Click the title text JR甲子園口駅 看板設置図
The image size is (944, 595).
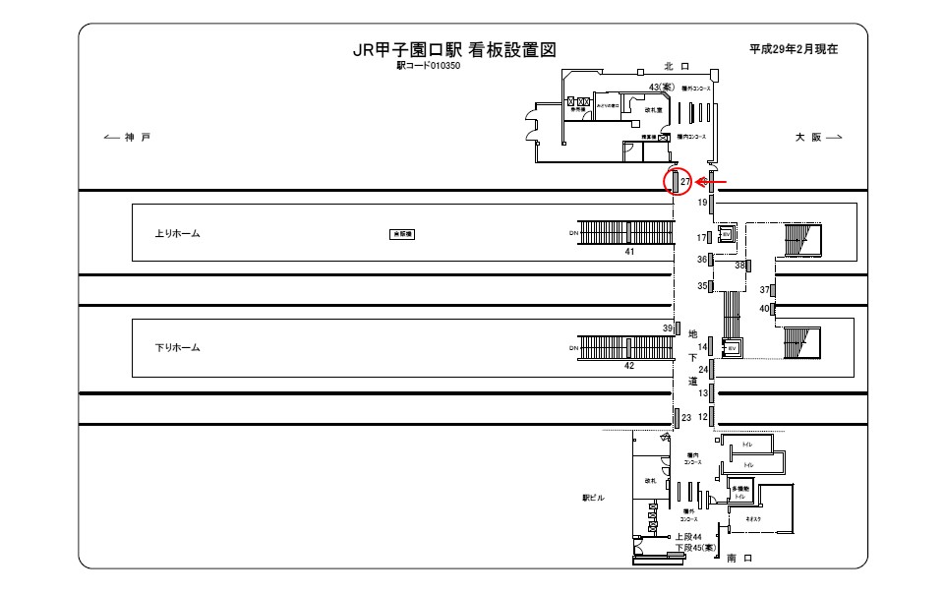tap(455, 51)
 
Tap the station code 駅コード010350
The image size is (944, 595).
tap(429, 67)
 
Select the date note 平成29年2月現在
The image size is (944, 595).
tap(793, 49)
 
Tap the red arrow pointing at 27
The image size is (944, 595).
tap(712, 182)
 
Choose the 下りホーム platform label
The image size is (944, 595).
tap(178, 348)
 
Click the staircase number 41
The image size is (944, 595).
tap(630, 252)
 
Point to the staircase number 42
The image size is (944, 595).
tap(630, 365)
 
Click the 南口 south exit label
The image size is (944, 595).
tap(738, 559)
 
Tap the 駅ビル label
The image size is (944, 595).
tap(594, 498)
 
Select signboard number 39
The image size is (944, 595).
tap(667, 328)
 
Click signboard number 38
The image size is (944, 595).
tap(740, 265)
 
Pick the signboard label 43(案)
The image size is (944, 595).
tap(659, 88)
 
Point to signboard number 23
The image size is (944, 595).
tap(686, 418)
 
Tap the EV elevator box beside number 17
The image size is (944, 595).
tap(726, 234)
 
